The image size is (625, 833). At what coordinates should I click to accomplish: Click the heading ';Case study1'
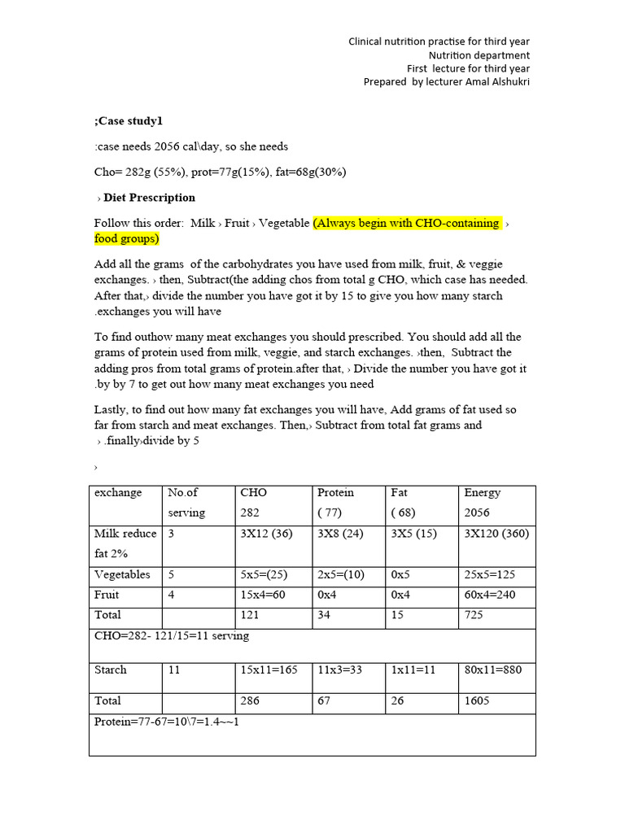click(x=129, y=121)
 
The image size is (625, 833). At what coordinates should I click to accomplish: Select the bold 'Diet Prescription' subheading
click(x=150, y=198)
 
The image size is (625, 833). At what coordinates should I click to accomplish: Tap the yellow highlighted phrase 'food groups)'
click(x=126, y=239)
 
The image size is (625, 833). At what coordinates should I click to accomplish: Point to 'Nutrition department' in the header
click(x=479, y=55)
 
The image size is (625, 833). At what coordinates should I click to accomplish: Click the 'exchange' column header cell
click(x=118, y=493)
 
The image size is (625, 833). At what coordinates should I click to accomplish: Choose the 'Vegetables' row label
click(x=123, y=575)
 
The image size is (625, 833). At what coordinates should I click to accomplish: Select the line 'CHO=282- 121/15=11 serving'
click(x=172, y=635)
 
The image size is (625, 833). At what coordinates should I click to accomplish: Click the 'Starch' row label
click(x=111, y=670)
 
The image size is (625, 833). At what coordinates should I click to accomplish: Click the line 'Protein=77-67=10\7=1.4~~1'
click(x=167, y=722)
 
